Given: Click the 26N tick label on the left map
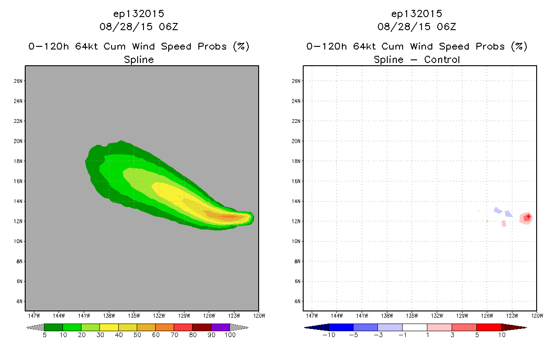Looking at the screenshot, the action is pos(18,81).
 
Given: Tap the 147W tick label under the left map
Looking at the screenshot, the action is pos(34,316).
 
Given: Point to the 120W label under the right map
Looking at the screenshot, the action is pos(537,316).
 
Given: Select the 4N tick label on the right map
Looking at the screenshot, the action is pos(297,301).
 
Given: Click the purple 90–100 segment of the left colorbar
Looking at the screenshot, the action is pos(220,327).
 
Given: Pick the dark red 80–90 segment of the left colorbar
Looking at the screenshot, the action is pos(202,327).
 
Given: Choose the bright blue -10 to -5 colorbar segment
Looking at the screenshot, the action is pos(341,327).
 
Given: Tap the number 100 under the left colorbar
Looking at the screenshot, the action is pos(230,335).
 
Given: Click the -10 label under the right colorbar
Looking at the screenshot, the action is pos(329,335).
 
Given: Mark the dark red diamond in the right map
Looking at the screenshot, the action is pos(529,217).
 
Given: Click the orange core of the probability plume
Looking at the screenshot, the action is pos(229,216).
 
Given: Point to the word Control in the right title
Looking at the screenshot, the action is pos(442,59).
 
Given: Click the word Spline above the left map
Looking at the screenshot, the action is pos(139,60).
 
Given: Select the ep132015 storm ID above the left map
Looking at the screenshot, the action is pos(139,14).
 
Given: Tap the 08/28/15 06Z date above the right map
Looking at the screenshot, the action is pos(417,27).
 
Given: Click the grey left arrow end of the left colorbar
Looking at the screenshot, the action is pos(35,328).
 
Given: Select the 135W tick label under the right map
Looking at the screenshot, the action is pos(412,316).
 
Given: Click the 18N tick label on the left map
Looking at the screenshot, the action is pos(18,161).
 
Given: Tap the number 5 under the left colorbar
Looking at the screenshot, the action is pos(45,335).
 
